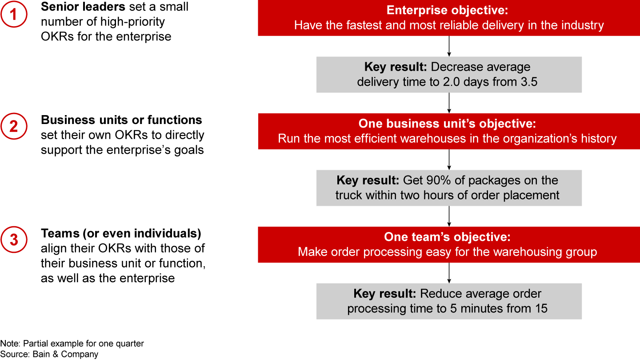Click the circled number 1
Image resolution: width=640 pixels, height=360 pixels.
click(x=14, y=14)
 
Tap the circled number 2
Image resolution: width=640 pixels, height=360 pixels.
click(x=14, y=126)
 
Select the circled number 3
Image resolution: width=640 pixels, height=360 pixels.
click(x=14, y=240)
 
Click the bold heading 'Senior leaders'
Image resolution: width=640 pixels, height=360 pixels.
click(x=83, y=7)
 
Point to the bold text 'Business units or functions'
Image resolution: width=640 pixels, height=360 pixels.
click(x=121, y=120)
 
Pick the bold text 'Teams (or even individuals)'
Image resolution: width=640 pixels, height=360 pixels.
click(x=121, y=233)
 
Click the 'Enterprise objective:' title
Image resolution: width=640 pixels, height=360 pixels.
click(x=447, y=10)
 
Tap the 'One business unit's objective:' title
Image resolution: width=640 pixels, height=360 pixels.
click(x=447, y=124)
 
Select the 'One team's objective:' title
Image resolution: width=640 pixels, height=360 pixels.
click(x=447, y=237)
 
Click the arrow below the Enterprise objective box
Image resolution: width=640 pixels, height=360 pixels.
click(x=449, y=46)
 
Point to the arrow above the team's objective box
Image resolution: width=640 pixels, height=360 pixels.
click(x=449, y=216)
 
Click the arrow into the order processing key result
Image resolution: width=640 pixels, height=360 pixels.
click(x=449, y=273)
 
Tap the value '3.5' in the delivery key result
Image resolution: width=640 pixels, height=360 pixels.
click(x=529, y=82)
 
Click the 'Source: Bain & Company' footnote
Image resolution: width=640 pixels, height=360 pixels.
click(x=49, y=354)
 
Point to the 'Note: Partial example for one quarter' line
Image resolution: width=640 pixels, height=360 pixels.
click(x=72, y=344)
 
